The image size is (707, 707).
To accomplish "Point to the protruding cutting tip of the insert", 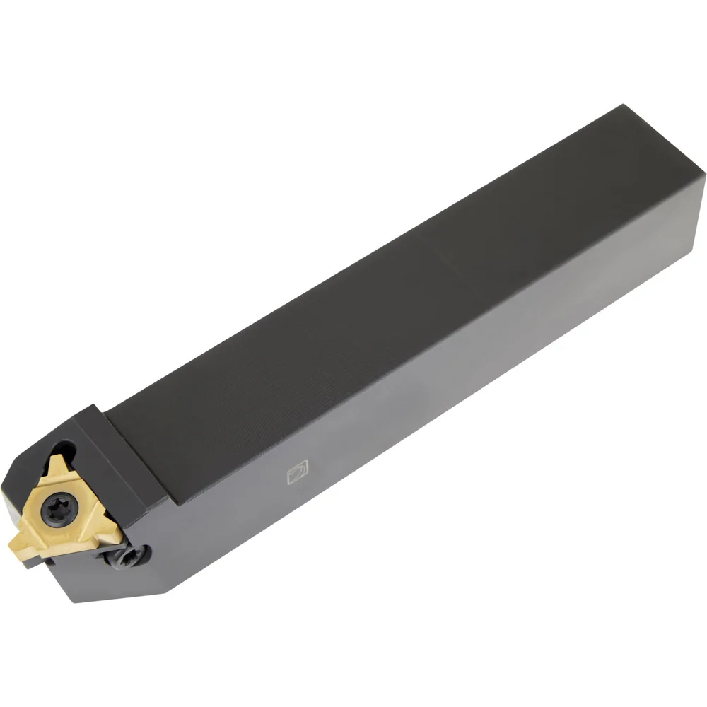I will pyautogui.click(x=16, y=544).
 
